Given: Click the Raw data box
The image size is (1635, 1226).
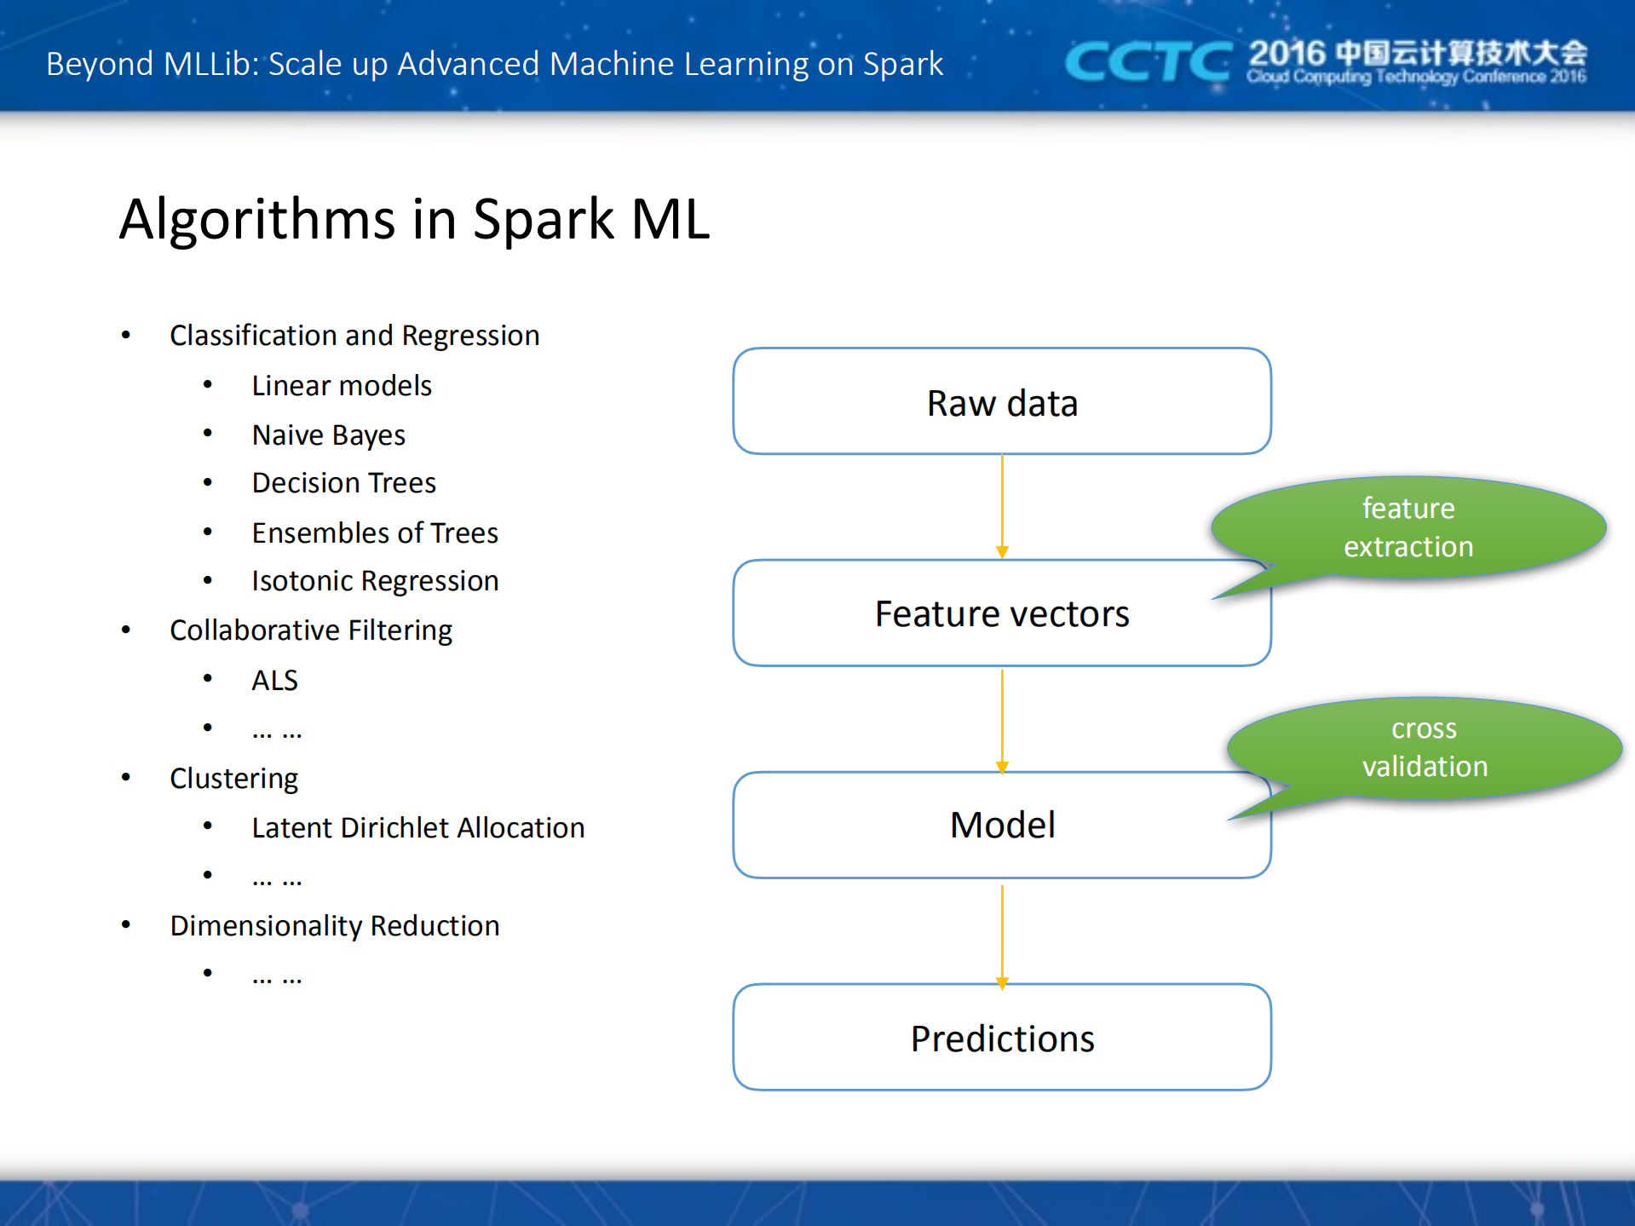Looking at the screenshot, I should pyautogui.click(x=1002, y=401).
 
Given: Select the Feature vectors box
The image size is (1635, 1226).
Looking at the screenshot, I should pyautogui.click(x=1002, y=613).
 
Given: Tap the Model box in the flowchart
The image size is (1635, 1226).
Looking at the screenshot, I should pyautogui.click(x=1002, y=825).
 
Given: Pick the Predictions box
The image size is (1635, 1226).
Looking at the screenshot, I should pyautogui.click(x=1002, y=1038).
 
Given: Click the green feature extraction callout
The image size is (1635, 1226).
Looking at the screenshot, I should pyautogui.click(x=1408, y=527).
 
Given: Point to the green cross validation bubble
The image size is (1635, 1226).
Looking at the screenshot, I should pyautogui.click(x=1425, y=747).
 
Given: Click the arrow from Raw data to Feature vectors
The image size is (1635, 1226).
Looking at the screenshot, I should pyautogui.click(x=1002, y=506).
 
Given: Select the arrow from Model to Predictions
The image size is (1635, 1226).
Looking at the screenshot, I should pyautogui.click(x=1002, y=934).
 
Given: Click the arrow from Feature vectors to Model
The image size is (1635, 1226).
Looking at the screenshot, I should pyautogui.click(x=1002, y=720).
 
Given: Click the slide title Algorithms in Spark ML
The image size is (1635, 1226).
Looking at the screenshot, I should pyautogui.click(x=414, y=219).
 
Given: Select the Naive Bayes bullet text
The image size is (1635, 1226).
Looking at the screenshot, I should pyautogui.click(x=329, y=435).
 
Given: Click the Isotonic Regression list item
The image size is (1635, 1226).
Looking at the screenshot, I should pyautogui.click(x=375, y=581).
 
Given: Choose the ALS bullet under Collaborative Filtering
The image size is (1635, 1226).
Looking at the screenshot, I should pyautogui.click(x=274, y=680).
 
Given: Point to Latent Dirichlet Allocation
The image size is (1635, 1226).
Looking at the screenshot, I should pyautogui.click(x=417, y=827).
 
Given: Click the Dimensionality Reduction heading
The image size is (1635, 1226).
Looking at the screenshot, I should pyautogui.click(x=335, y=925).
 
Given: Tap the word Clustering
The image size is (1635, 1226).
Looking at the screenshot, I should pyautogui.click(x=234, y=778).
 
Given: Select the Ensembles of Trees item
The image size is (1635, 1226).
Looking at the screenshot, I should pyautogui.click(x=375, y=532).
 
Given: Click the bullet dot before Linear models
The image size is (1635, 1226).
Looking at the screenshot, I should pyautogui.click(x=208, y=385).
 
